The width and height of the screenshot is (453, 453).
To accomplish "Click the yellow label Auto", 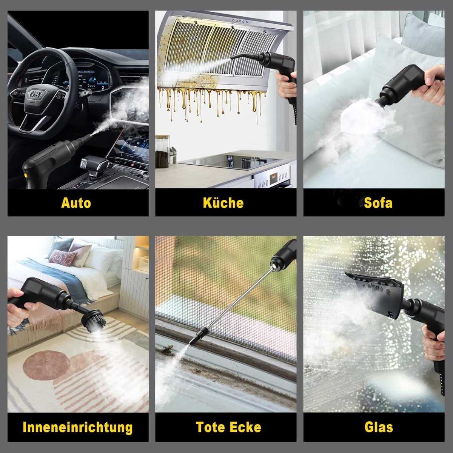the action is [76, 203].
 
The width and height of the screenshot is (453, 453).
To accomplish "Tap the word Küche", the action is [223, 203].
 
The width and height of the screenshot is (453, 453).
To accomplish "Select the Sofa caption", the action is [378, 203].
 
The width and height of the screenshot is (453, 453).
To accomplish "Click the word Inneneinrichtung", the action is [78, 427].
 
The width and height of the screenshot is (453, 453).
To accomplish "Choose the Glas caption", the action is [379, 427].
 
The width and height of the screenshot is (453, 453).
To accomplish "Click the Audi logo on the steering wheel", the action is [36, 94].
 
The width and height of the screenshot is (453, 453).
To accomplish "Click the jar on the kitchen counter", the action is [162, 152].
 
